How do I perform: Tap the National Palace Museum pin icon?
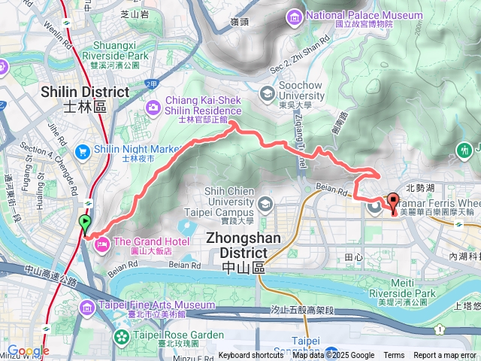(294, 17)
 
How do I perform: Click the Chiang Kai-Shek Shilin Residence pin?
(153, 108)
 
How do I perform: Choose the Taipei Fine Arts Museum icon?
(88, 306)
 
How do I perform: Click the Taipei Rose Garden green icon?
(121, 335)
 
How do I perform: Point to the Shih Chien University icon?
(265, 204)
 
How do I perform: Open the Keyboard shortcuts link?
(251, 356)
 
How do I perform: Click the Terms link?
(394, 356)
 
